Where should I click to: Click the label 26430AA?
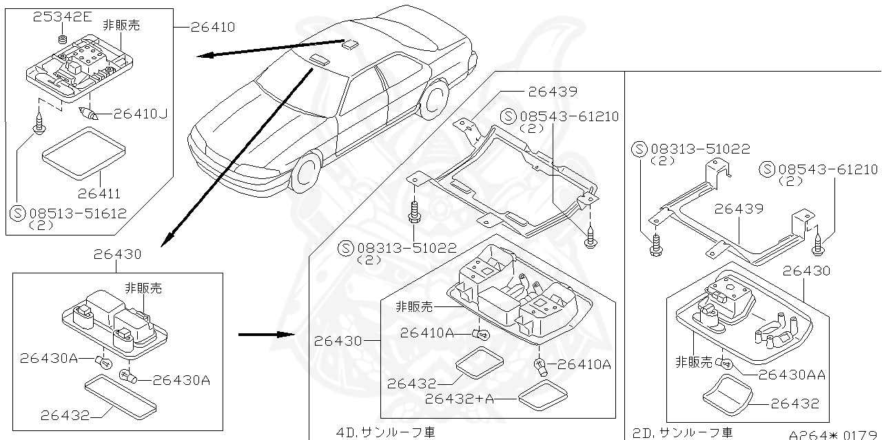coord(792,375)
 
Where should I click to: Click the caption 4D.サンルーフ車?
coord(386,432)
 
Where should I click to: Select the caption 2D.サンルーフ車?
coord(682,432)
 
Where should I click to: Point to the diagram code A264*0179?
coord(834,434)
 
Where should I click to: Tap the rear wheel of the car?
coord(435,101)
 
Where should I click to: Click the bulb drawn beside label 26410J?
coord(89,114)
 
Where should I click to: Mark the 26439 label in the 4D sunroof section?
coord(553,92)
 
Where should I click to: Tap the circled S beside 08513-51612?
coord(19,213)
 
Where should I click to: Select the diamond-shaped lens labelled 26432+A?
coord(542,395)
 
